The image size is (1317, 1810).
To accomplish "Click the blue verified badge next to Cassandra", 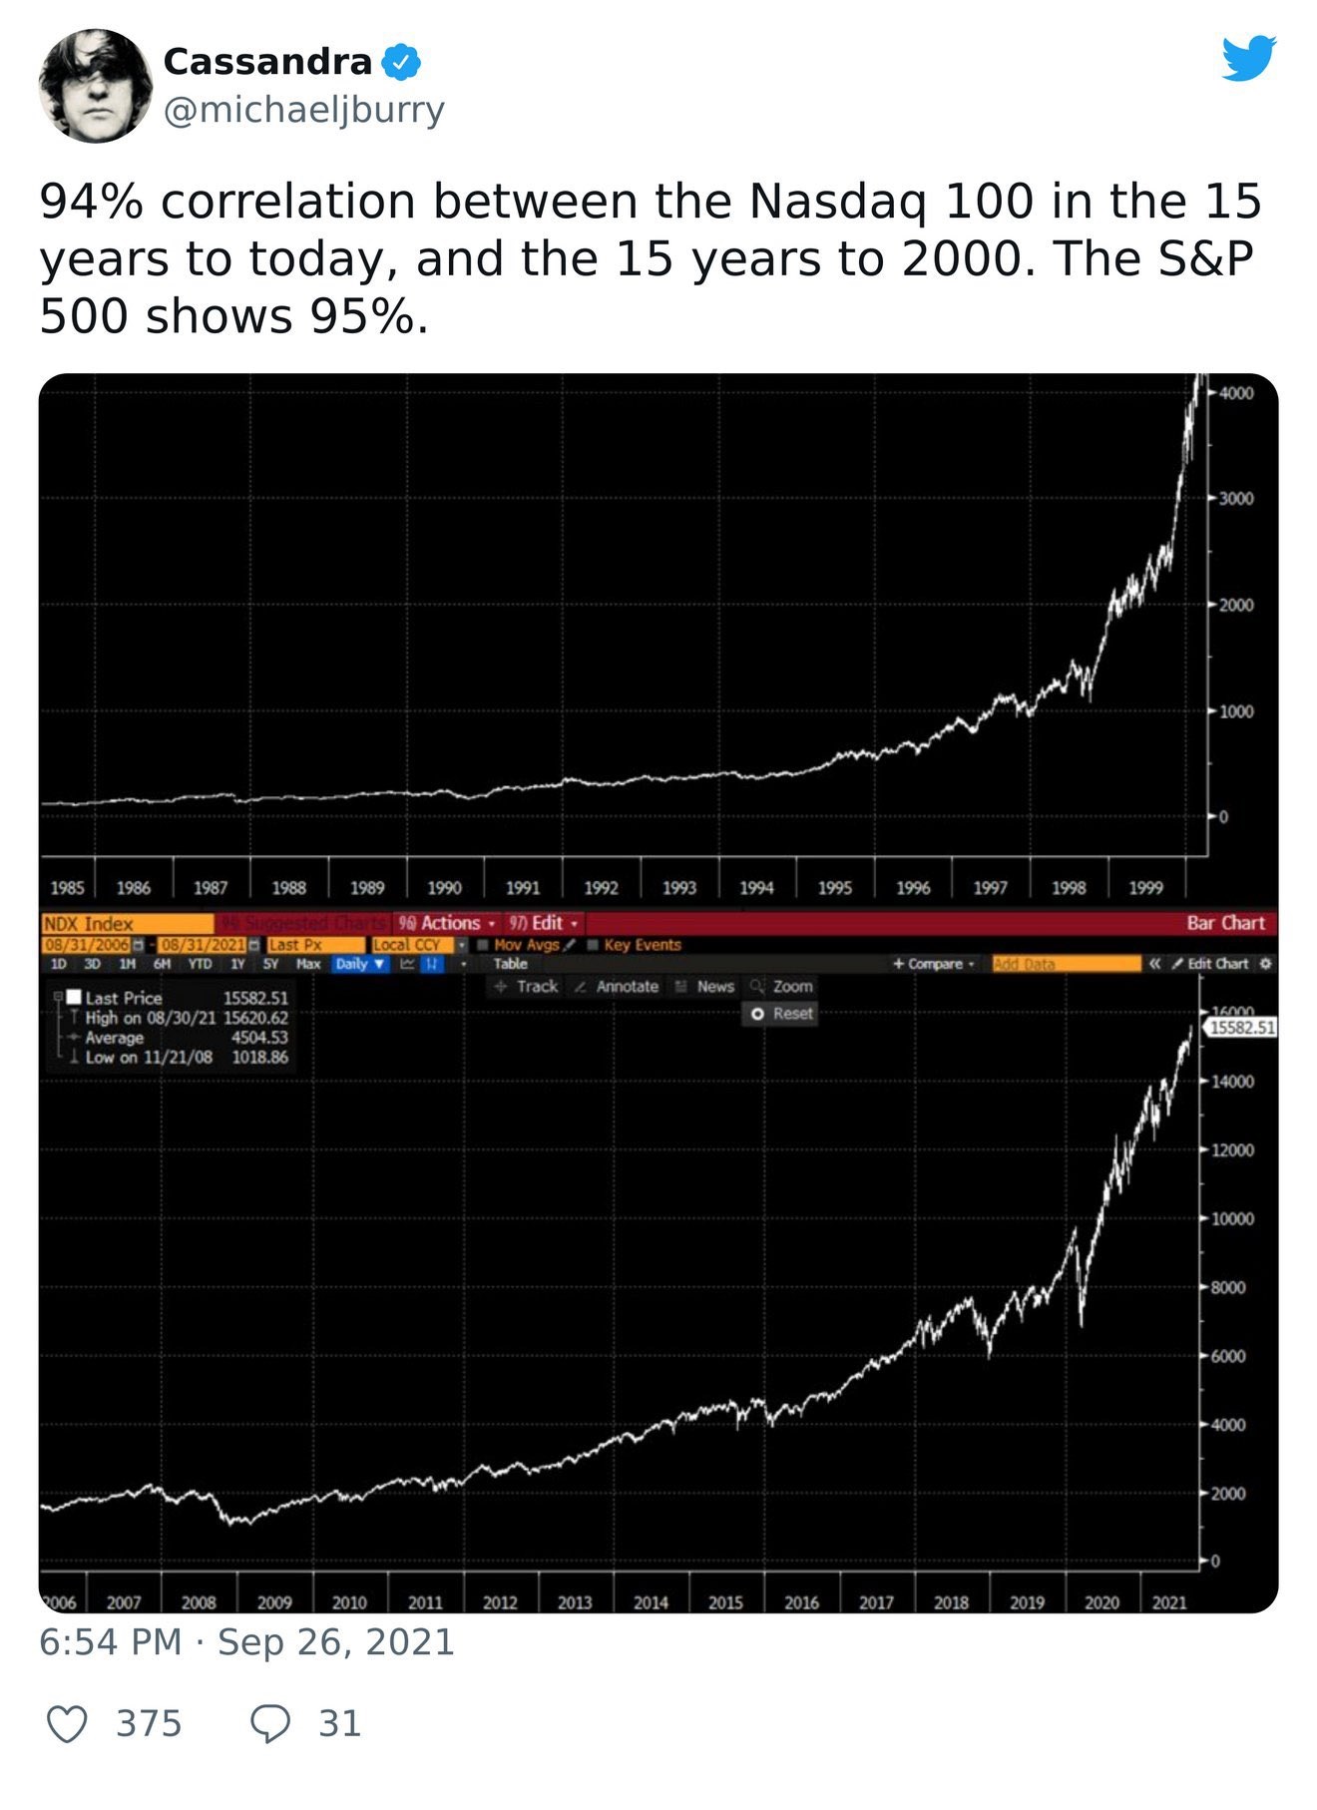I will [401, 62].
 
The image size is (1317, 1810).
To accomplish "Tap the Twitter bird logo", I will [1248, 59].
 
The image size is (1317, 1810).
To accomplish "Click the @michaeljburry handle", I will [303, 110].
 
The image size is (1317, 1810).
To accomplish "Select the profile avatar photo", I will [96, 86].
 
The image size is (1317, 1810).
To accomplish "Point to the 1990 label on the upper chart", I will [444, 888].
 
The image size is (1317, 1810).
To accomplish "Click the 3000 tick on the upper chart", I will [1235, 499].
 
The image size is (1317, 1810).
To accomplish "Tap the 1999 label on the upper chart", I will [1145, 888].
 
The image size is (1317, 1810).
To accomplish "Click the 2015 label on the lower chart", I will [725, 1602].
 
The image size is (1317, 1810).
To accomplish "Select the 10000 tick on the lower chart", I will [1231, 1219].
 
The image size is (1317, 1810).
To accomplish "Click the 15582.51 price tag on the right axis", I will [1241, 1028].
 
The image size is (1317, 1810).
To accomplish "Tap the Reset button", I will [784, 1014].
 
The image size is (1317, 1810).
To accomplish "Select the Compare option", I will [934, 964].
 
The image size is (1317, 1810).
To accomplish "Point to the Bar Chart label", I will [1225, 924].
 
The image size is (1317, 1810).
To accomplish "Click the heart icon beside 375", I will [68, 1724].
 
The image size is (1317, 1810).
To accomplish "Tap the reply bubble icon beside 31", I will [270, 1724].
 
